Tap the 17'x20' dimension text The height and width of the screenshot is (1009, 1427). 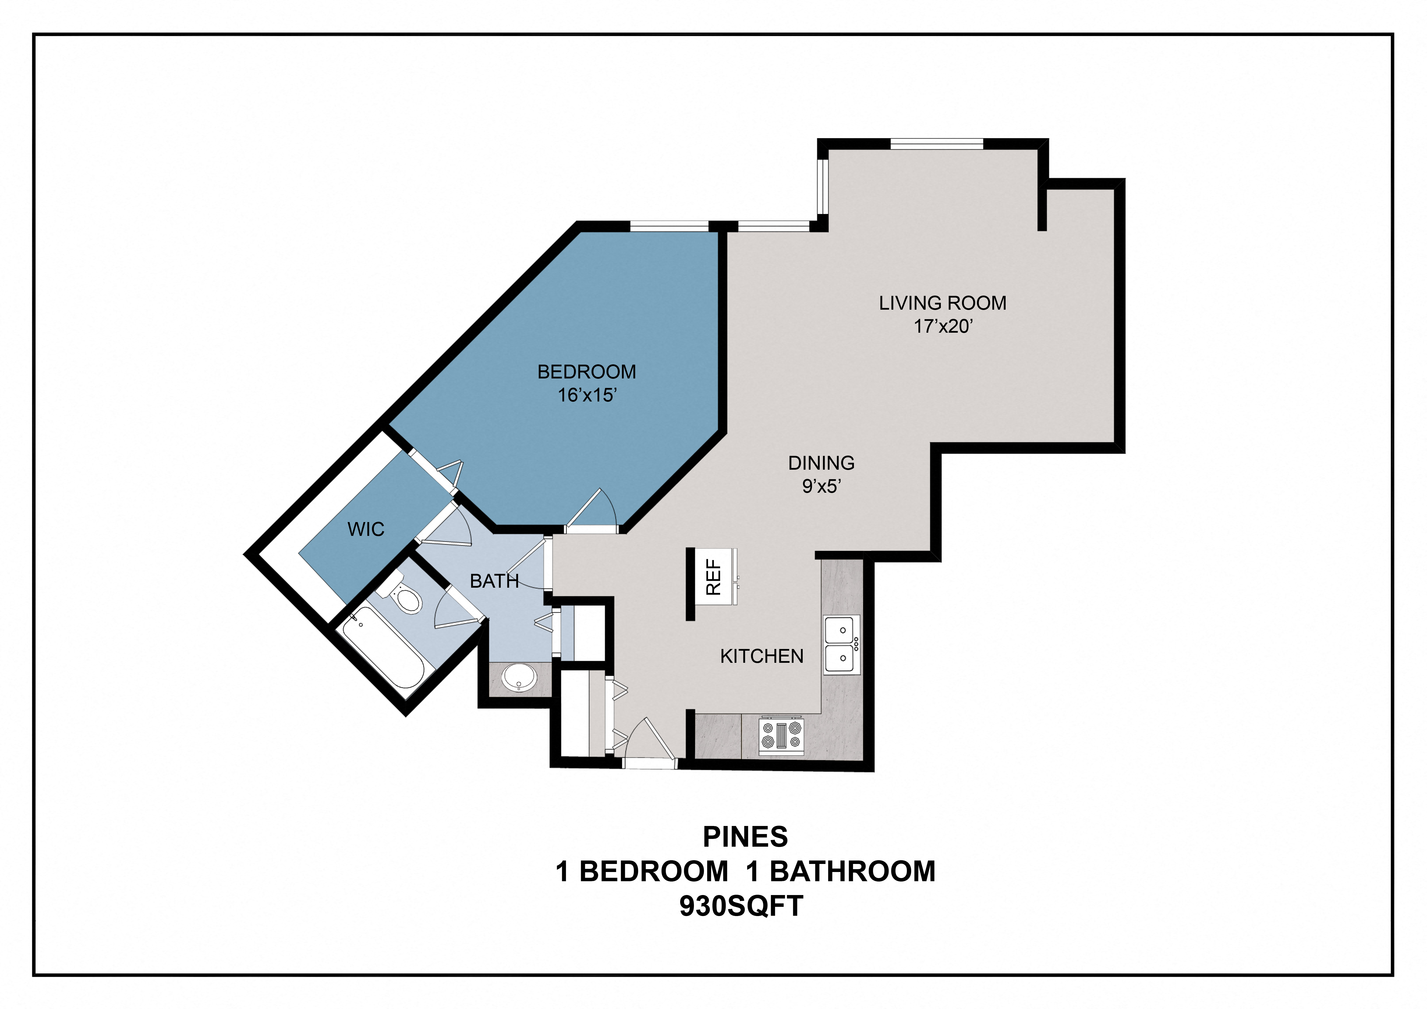click(943, 326)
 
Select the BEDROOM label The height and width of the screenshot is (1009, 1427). click(587, 372)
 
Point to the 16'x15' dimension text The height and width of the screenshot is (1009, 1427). click(587, 395)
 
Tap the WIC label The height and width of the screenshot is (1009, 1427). click(366, 529)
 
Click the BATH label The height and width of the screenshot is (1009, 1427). click(494, 581)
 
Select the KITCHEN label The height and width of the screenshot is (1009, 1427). click(762, 656)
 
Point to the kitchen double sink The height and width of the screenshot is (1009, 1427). click(842, 645)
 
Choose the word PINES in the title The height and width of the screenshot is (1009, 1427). click(745, 837)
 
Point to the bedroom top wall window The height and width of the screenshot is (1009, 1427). click(669, 226)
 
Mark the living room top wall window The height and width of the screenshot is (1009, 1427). click(937, 144)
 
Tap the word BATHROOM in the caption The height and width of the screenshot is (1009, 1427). click(853, 872)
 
